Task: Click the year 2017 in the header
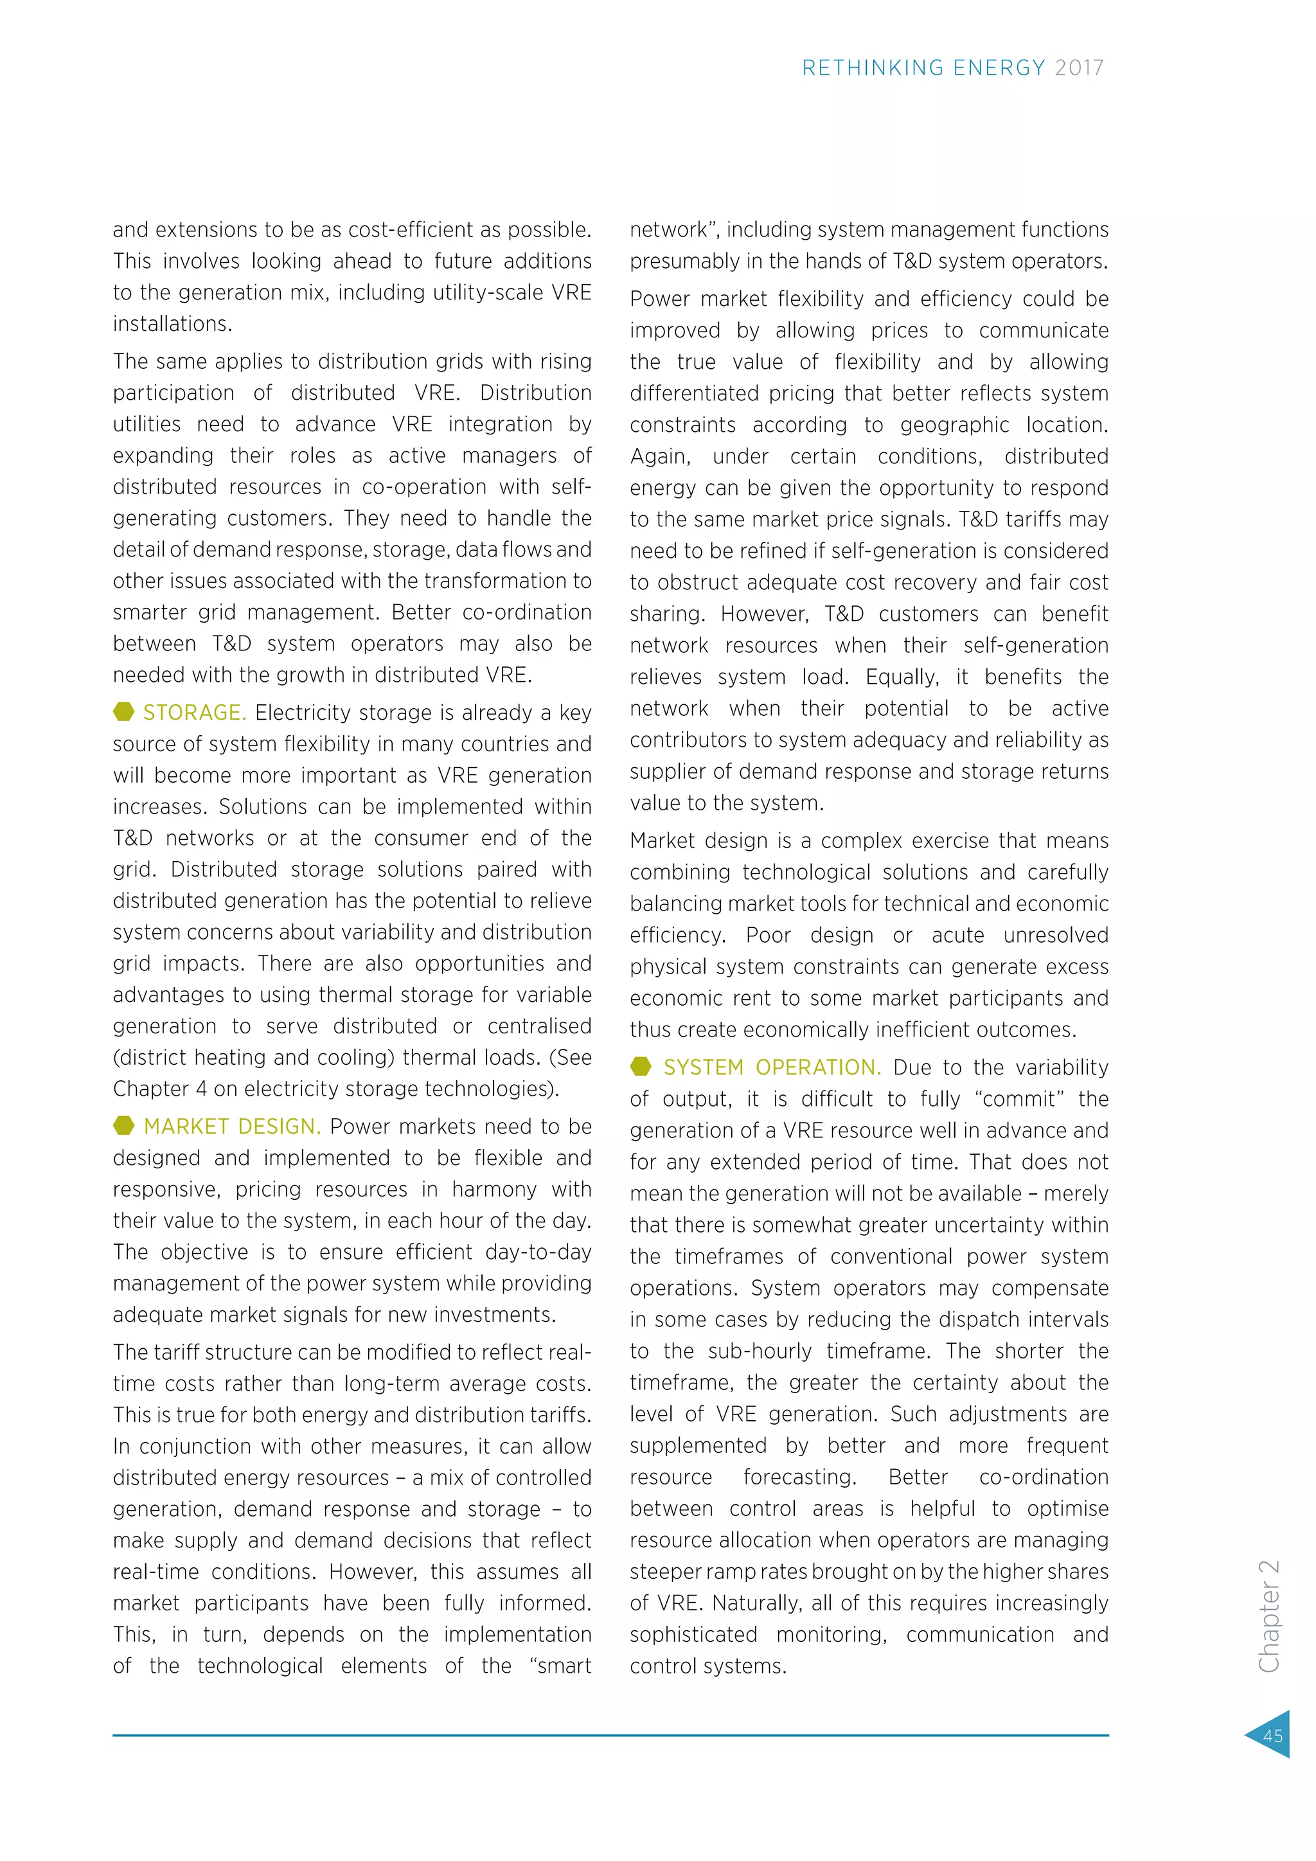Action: click(1080, 68)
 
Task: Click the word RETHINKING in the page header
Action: click(873, 68)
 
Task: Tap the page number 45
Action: click(1272, 1735)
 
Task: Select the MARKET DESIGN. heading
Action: click(232, 1126)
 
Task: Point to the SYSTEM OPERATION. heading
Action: click(772, 1067)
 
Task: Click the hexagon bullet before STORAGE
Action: click(124, 711)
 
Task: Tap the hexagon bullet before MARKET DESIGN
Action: click(124, 1126)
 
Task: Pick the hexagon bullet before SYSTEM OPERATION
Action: click(641, 1067)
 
